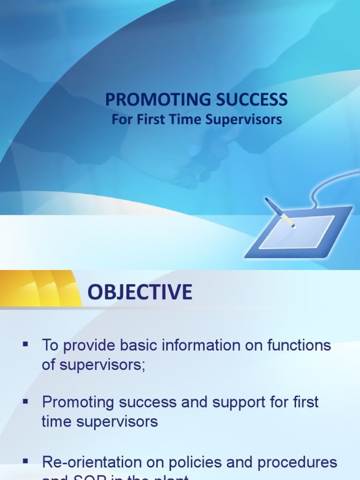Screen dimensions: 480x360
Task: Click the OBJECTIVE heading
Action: coord(140,292)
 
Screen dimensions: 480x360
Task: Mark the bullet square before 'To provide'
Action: coord(25,345)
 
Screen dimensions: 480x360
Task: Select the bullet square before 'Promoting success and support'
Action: coord(25,401)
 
